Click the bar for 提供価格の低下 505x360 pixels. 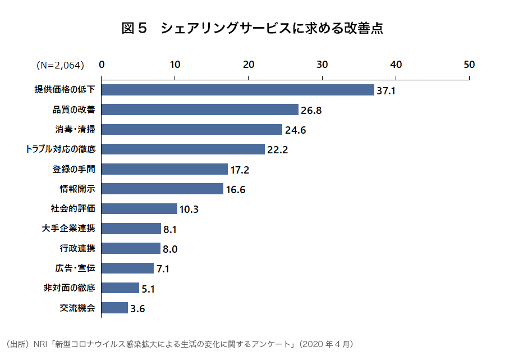[x=237, y=90]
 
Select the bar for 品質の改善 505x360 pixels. [x=200, y=110]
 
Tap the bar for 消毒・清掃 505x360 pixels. [x=191, y=130]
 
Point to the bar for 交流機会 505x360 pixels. [x=114, y=308]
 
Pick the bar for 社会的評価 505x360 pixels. [x=139, y=209]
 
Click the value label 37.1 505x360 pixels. [x=386, y=90]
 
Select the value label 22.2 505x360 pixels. [x=277, y=150]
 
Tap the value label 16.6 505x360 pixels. [x=236, y=190]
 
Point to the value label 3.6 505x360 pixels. [x=138, y=308]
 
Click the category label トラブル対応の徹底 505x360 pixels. [x=61, y=149]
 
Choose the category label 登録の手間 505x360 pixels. [x=74, y=168]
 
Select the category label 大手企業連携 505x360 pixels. [x=69, y=228]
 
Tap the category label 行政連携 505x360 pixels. [x=78, y=248]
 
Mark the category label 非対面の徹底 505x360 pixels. [x=69, y=288]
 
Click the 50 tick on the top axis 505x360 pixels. [x=469, y=65]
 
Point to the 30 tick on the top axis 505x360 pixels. [x=322, y=65]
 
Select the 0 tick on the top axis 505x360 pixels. [x=102, y=65]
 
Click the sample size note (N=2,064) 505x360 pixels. [x=61, y=65]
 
